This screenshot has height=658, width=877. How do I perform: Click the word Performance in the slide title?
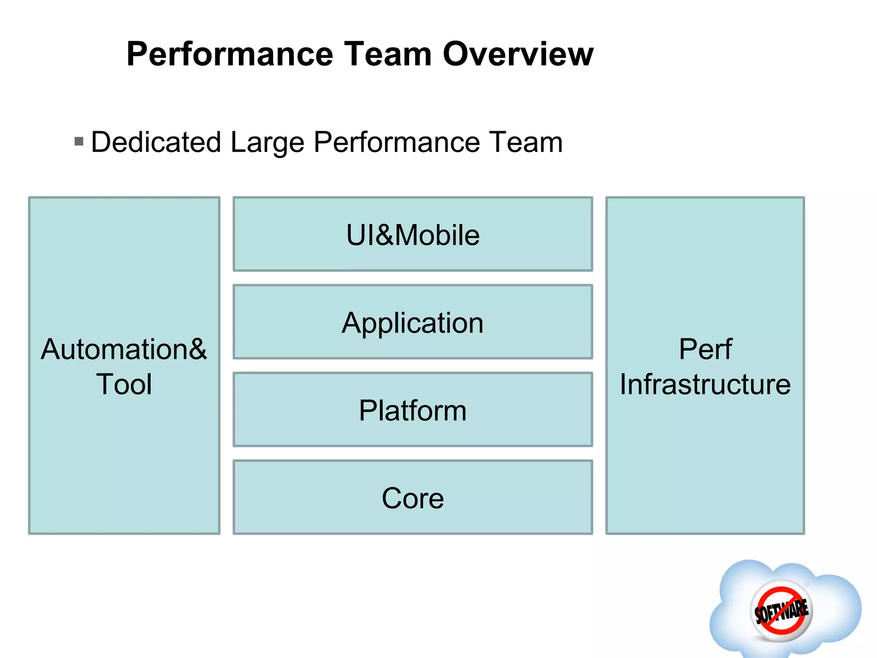point(230,54)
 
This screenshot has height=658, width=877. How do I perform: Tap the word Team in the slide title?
point(388,54)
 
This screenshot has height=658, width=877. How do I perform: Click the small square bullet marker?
point(79,141)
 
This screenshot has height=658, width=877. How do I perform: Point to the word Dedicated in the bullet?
point(156,142)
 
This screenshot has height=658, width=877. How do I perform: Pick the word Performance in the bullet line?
point(397,142)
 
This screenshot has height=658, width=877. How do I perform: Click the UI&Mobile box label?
point(413,235)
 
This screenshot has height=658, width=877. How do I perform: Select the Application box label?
point(413,323)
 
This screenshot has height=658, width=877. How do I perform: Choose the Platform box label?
point(413,410)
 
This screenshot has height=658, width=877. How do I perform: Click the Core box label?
point(413,498)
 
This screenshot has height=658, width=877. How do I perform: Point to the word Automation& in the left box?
point(124,349)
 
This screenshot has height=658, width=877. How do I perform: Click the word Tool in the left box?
point(124,384)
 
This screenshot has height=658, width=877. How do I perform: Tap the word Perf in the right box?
point(705,349)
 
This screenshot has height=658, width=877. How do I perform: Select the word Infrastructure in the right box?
point(705,384)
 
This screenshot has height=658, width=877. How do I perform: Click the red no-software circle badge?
point(781,610)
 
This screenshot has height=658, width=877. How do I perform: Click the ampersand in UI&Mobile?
point(385,235)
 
